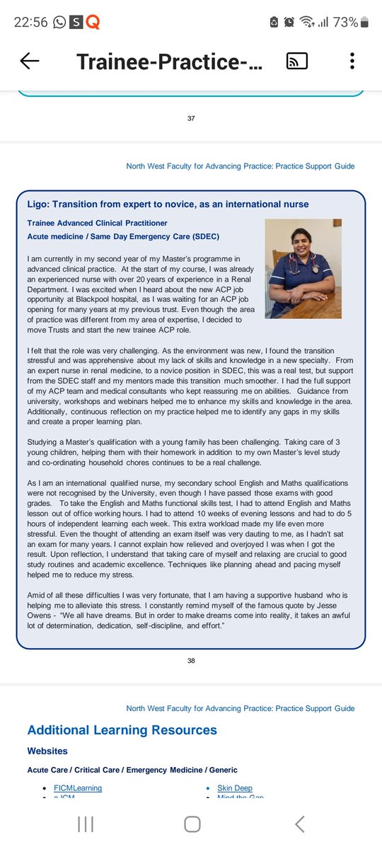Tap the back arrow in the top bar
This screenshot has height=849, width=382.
pos(30,62)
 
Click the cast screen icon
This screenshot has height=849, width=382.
pos(296,62)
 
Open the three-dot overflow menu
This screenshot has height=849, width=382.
pos(352,62)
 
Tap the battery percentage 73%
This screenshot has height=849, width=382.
pos(345,23)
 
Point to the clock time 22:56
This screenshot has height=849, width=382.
pos(31,23)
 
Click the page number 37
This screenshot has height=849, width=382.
pos(191,118)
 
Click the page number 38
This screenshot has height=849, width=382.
pos(191,661)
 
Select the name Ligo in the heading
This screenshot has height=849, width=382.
pos(39,204)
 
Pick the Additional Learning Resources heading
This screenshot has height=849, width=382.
pos(122,730)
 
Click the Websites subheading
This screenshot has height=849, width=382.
pos(47,751)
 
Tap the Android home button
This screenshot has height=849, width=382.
pos(191,824)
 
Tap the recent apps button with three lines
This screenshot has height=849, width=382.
pos(86,824)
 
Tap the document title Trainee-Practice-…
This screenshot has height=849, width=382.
pos(169,62)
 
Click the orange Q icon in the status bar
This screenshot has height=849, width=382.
pos(93,23)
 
